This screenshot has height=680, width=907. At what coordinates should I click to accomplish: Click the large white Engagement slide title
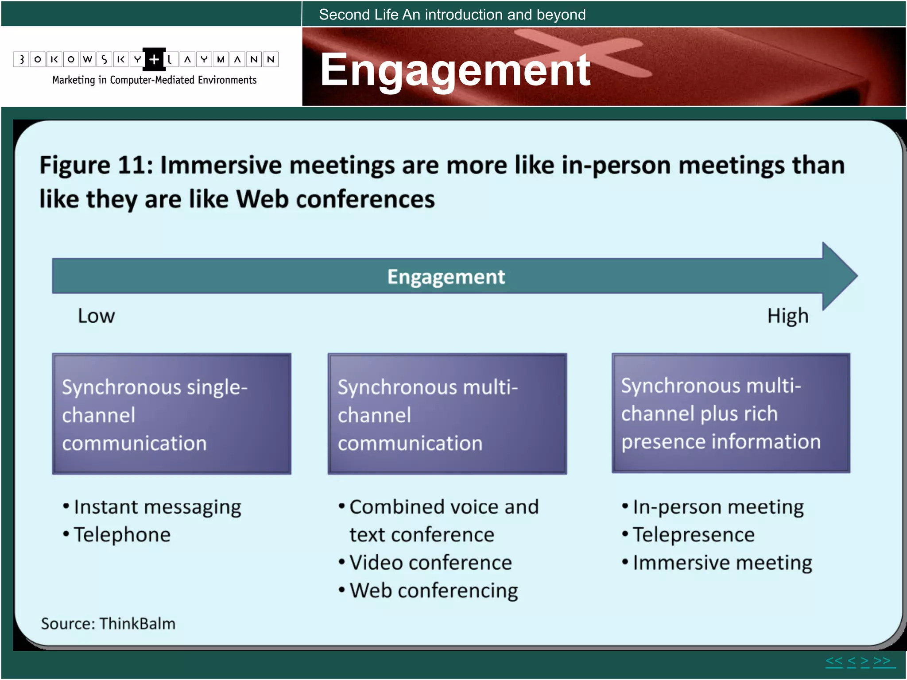455,70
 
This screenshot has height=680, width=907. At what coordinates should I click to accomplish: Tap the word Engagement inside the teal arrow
446,277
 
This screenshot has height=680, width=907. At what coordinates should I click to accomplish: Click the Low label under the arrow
96,316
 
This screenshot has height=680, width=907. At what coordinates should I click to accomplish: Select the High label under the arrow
788,316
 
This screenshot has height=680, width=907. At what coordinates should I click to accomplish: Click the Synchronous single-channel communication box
171,413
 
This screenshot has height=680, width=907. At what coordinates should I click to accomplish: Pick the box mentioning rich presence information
731,413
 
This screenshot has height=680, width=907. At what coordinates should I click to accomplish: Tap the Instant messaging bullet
157,507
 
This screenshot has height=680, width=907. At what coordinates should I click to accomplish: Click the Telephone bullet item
122,535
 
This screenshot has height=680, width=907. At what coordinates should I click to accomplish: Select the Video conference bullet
430,563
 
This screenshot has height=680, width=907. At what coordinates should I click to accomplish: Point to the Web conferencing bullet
434,591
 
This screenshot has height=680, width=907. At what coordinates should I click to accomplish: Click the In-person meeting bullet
718,507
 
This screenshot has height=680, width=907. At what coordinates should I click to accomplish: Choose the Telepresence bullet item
694,535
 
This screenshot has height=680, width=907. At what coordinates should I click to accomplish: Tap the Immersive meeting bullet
722,563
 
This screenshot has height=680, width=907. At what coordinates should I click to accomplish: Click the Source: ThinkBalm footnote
108,623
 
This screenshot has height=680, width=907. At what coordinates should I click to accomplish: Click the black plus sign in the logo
154,59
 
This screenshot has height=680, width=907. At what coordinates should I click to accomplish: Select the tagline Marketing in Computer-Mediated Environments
154,80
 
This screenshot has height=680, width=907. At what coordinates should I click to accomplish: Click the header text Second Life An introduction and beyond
452,15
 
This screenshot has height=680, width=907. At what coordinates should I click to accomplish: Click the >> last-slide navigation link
882,661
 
